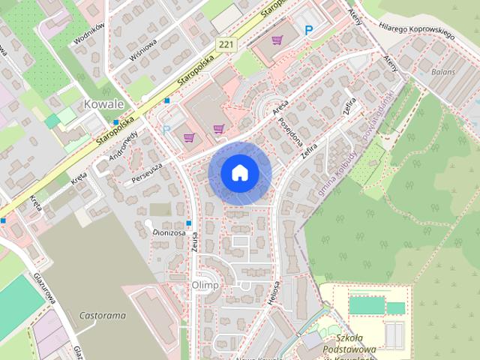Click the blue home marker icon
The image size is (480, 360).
[x=239, y=173]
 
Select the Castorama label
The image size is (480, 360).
[x=102, y=315]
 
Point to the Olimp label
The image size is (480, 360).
[x=205, y=285]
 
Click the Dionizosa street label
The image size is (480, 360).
[x=169, y=232]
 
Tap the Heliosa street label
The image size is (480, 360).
[x=274, y=293]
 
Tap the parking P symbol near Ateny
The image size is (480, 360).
[x=309, y=30]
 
